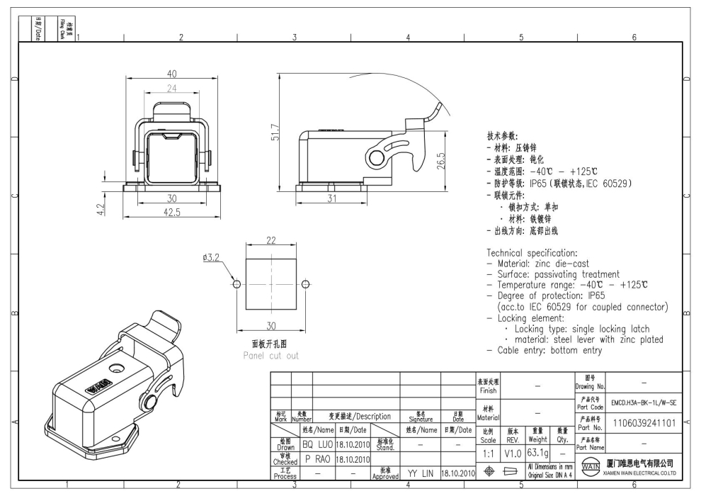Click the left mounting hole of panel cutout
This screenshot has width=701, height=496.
[236, 285]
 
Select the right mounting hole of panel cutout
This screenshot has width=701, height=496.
[305, 285]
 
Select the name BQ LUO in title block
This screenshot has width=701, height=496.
[317, 444]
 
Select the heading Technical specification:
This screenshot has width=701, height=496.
[532, 253]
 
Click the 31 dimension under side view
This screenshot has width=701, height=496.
[332, 198]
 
